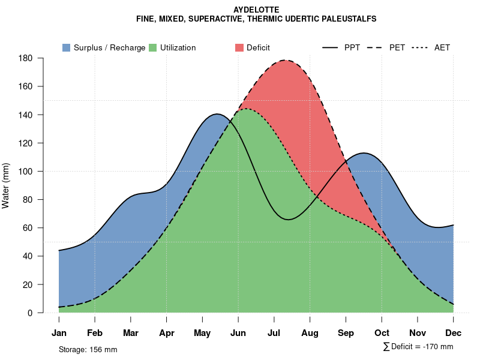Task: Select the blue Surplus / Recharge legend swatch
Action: point(66,47)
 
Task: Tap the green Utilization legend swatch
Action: point(152,47)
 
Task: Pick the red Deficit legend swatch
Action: point(239,47)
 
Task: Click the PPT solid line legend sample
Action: point(331,47)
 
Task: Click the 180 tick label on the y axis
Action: point(25,58)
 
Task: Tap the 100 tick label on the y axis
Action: point(25,172)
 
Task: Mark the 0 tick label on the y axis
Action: point(29,313)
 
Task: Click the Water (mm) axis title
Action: point(6,185)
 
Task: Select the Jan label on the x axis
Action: point(59,333)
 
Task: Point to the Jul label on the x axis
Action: point(274,333)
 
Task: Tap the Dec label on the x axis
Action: point(454,333)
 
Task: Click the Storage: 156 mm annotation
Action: point(88,349)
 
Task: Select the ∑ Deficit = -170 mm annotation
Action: point(418,347)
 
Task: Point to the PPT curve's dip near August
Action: point(288,220)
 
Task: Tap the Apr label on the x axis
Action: point(167,333)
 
